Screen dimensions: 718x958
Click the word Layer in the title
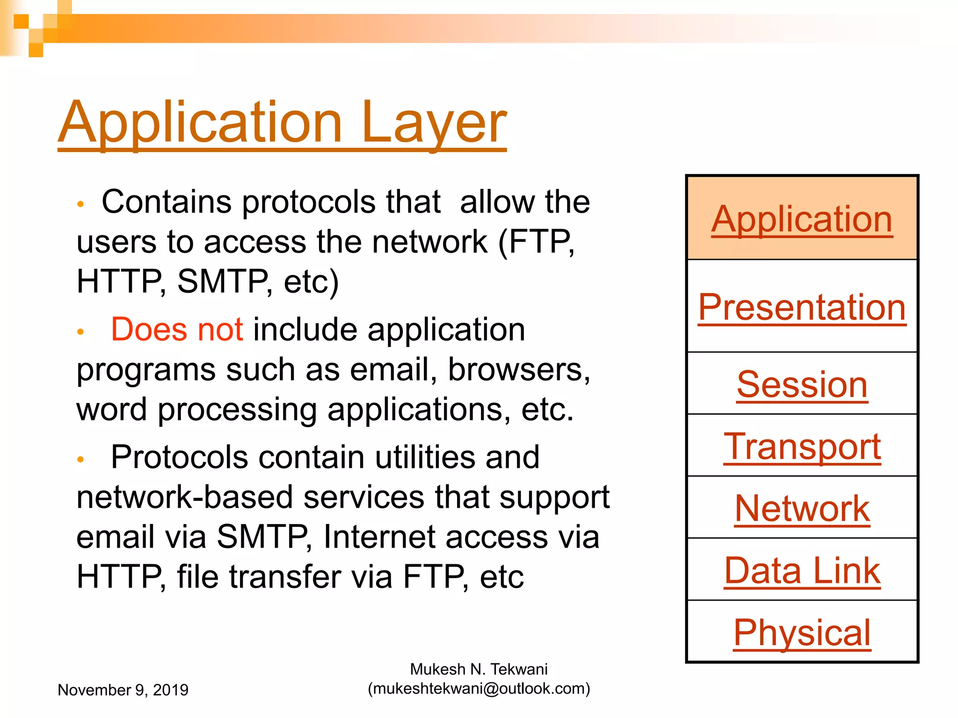coord(433,122)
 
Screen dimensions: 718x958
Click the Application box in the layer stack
coord(802,219)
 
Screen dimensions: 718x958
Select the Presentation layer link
coord(802,307)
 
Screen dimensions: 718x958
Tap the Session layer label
coord(802,385)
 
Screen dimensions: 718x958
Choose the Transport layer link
coord(802,446)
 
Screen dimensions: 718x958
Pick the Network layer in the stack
coord(802,509)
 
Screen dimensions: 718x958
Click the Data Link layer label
coord(802,571)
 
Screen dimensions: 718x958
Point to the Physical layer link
coord(802,632)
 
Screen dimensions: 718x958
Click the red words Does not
coord(177,330)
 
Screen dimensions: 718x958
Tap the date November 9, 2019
coord(123,690)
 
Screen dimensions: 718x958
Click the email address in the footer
coord(479,689)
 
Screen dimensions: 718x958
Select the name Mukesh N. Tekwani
coord(479,669)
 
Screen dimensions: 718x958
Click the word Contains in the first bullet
coord(167,202)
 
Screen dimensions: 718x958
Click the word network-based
coord(185,497)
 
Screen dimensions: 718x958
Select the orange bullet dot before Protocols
coord(80,460)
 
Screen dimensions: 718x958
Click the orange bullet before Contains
coord(80,204)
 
